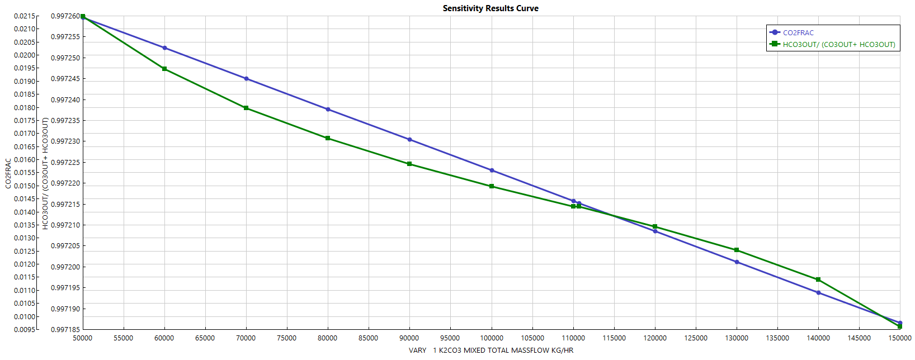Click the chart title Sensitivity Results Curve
tap(490, 8)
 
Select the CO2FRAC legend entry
tap(798, 33)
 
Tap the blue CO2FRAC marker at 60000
tap(164, 48)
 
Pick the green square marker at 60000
tap(164, 69)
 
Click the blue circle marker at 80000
tap(328, 110)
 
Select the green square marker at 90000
tap(409, 164)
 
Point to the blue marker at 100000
tap(492, 170)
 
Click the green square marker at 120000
tap(655, 226)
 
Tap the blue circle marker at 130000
tap(737, 262)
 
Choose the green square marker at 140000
tap(818, 280)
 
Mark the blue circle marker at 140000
tap(818, 293)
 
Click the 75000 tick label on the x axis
tap(287, 338)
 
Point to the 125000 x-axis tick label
tap(696, 338)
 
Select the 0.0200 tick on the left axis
tap(25, 55)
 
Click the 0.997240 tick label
tap(65, 100)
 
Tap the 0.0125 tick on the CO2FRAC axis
tap(25, 251)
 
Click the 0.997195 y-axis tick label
tap(65, 288)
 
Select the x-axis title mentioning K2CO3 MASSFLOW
tap(490, 350)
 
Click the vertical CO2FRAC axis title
tap(8, 173)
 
